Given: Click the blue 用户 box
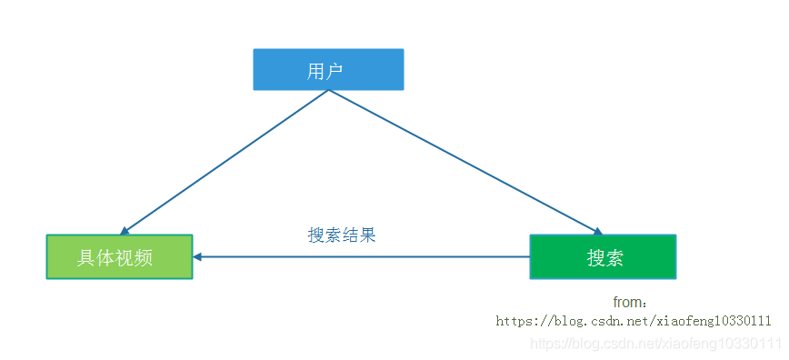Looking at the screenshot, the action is click(327, 69).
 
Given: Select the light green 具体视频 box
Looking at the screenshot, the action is click(119, 256).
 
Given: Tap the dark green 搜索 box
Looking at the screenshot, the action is click(603, 256).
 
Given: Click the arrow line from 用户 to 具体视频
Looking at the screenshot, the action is click(223, 162).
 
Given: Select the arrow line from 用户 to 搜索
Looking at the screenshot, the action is click(464, 162).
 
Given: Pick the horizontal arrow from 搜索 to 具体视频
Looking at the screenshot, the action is click(364, 256).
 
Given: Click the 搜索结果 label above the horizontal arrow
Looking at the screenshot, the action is click(342, 235).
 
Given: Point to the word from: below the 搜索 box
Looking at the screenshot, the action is click(630, 303).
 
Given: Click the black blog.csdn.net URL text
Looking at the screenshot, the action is click(634, 321).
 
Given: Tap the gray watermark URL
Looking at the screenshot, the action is click(655, 343).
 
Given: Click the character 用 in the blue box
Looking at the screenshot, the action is click(316, 71).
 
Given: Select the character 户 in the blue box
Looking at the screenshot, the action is click(336, 71).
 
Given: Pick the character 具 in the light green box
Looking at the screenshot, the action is click(86, 257).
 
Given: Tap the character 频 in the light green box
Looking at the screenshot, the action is click(143, 257).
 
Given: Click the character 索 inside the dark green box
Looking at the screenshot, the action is click(614, 257).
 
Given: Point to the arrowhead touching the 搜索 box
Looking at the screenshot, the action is click(596, 232).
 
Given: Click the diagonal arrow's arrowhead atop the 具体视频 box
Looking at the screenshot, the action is click(125, 232).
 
